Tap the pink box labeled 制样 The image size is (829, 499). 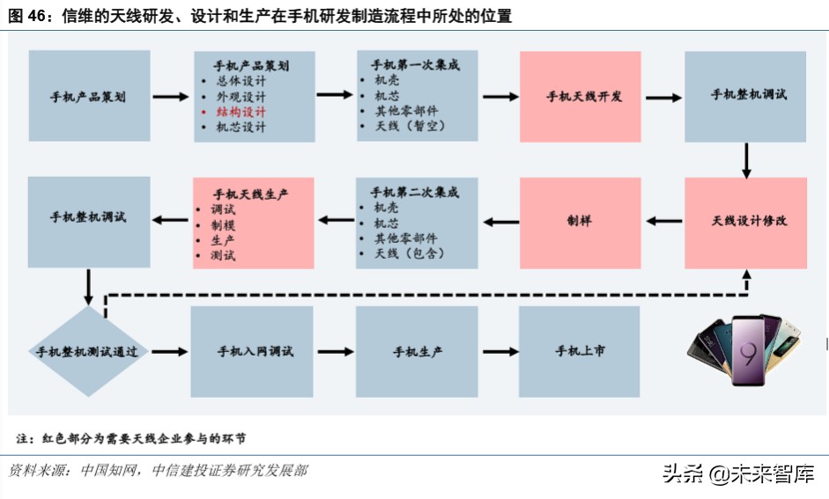(579, 222)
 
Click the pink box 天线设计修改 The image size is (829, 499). (745, 222)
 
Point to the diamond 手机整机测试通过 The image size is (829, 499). (87, 352)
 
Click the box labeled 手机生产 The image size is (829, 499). (417, 351)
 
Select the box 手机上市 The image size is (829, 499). (579, 351)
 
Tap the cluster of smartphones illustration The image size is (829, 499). (747, 347)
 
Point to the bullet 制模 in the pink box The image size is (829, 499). (223, 224)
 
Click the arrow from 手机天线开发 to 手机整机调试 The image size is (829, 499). (662, 96)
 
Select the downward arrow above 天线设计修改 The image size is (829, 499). (746, 158)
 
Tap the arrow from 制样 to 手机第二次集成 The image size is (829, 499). (499, 222)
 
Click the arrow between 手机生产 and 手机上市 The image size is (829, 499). (499, 352)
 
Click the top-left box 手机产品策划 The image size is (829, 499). (89, 96)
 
